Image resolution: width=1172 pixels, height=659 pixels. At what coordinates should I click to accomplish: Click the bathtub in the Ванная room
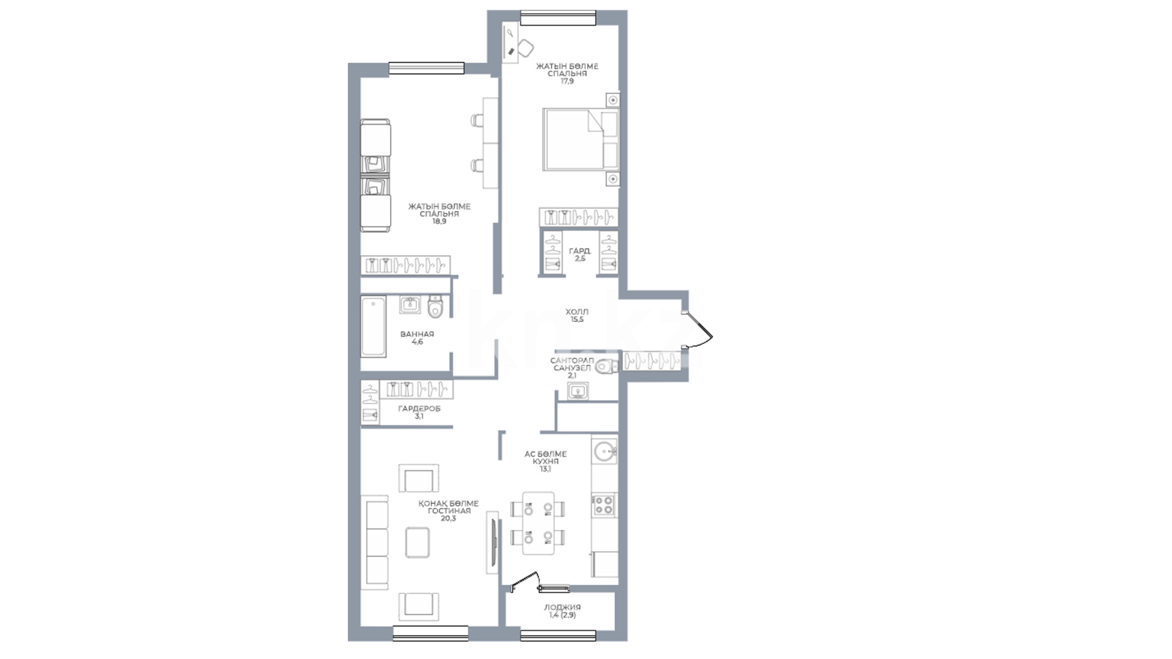373,326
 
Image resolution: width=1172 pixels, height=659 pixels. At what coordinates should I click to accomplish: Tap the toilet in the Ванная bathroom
435,307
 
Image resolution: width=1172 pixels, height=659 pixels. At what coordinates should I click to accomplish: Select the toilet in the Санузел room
607,367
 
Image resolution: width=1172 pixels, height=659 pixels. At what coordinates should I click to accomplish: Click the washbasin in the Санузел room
577,391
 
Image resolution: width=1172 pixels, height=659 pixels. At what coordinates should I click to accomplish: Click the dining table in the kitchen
538,523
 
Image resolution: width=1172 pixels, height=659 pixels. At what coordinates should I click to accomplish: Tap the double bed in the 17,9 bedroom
581,139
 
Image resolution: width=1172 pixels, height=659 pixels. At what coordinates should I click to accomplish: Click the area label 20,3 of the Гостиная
448,519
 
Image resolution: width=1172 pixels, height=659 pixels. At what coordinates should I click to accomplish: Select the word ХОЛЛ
577,312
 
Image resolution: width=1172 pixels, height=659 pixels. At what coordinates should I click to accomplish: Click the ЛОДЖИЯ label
562,607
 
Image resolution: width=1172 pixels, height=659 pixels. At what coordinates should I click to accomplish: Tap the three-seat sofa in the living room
377,542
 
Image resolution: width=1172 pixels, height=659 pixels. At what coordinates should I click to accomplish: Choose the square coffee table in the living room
418,542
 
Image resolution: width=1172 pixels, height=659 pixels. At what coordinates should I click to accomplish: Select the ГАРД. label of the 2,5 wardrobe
580,251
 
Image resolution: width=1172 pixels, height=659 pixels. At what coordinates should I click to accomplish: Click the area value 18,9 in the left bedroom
440,221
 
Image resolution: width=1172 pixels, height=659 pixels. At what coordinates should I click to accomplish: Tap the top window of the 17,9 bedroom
558,18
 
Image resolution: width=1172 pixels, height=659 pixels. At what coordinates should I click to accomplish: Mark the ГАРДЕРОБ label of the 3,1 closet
419,409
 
